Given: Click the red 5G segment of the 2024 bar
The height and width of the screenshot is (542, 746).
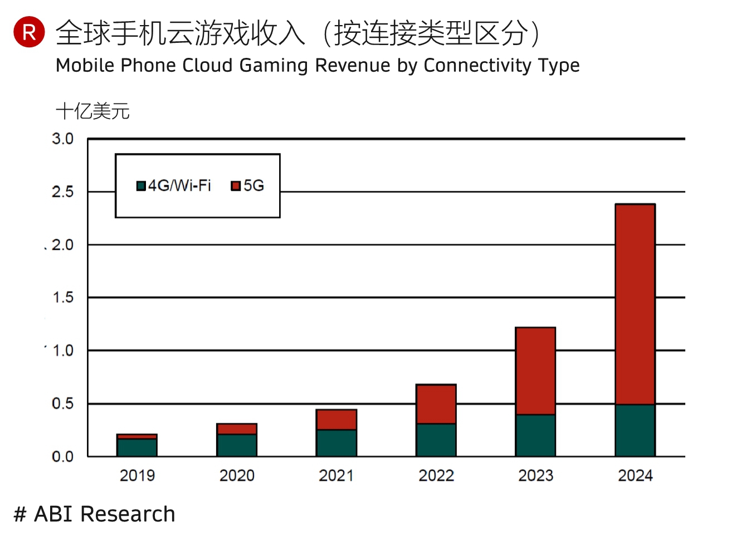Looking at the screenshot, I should point(635,304).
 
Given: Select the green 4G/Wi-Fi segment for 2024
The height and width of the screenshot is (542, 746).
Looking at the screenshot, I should point(635,430).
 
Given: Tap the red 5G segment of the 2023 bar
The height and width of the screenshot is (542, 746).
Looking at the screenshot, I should point(535,371).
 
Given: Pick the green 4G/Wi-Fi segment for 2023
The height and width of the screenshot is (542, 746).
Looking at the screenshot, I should point(535,435).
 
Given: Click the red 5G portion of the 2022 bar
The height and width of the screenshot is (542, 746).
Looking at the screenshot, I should point(436,404).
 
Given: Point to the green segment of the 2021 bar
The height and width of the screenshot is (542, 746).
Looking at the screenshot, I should point(336,443).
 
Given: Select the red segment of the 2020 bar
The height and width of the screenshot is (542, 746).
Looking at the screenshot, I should point(237,429).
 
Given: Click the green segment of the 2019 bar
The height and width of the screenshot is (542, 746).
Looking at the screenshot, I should point(137,447).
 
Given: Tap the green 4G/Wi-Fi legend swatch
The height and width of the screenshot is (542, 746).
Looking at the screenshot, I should point(142,186).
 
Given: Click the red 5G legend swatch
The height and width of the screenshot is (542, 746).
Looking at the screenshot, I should point(236,186).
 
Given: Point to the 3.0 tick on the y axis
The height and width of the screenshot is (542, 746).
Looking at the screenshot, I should point(62,139).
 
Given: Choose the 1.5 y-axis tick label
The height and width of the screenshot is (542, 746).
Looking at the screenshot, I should point(62,298).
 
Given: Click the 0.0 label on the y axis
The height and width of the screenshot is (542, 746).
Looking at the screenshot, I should point(62,457).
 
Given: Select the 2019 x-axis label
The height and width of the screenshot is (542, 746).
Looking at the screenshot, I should point(137,476).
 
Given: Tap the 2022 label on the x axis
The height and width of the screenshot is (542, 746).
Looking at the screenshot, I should point(436,476).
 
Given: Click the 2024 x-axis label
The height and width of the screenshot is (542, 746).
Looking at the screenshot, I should point(635,476).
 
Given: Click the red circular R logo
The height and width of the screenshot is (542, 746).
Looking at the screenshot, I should point(29,32).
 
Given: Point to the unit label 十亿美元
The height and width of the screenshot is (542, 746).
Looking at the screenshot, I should point(92,111).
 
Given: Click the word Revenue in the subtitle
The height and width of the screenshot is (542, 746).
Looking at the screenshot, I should point(352,66).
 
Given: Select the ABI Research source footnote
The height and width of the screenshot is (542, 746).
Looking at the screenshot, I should point(95,514).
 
